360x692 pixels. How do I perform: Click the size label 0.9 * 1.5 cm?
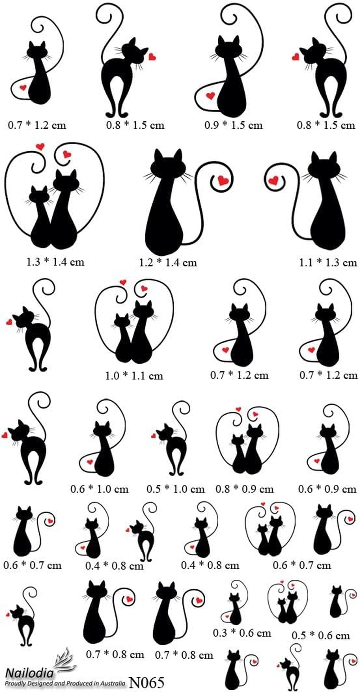(x=233, y=125)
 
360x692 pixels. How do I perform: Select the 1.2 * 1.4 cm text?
(x=168, y=262)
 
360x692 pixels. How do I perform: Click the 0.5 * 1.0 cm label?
(x=175, y=488)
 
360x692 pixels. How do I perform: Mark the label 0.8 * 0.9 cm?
(x=244, y=488)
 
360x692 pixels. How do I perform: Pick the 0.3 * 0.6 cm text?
(x=242, y=633)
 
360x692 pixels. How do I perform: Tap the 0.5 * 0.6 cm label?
(x=321, y=635)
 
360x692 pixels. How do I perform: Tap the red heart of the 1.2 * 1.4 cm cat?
(x=223, y=181)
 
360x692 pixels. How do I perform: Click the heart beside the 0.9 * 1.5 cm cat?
(x=210, y=95)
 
